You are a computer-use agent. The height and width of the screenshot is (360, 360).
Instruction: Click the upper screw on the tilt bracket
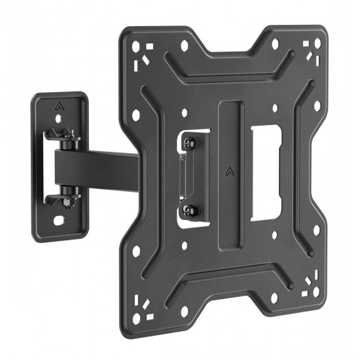(x=190, y=144)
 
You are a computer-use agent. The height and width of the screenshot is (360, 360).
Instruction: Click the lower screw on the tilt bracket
(x=190, y=210)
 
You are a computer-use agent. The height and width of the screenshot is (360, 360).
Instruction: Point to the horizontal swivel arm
(x=98, y=167)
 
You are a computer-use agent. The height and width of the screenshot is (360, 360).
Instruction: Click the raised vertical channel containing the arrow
(x=230, y=196)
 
